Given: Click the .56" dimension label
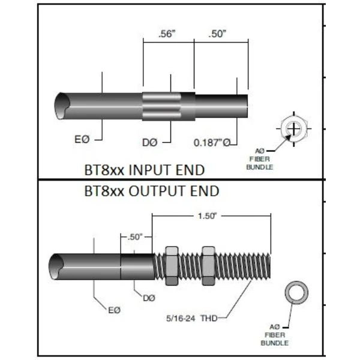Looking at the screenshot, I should (167, 34).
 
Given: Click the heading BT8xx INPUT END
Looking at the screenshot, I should (144, 170).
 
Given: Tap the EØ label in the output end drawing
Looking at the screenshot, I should (114, 309).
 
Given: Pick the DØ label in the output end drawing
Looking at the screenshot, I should (149, 297).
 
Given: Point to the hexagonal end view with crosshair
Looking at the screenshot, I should (294, 128).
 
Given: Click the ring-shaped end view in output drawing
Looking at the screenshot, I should (295, 292).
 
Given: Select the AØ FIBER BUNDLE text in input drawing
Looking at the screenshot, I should (260, 158).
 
